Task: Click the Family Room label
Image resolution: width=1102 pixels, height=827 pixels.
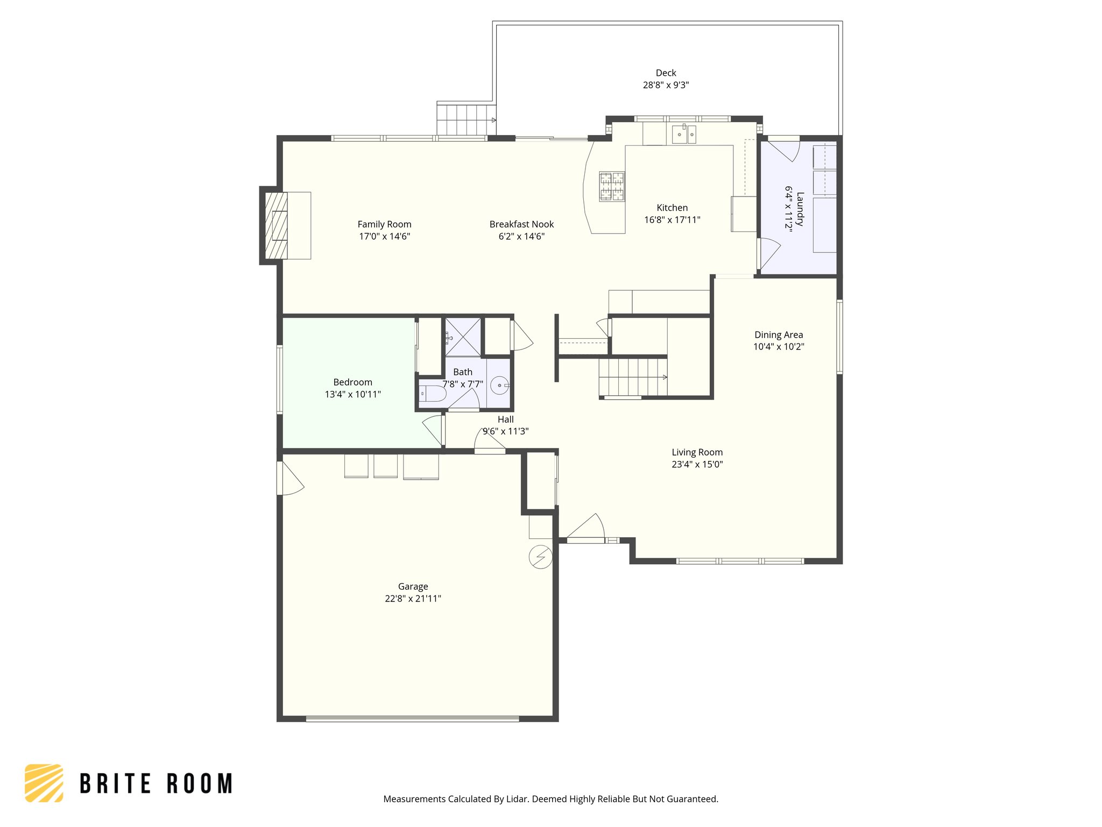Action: [x=384, y=224]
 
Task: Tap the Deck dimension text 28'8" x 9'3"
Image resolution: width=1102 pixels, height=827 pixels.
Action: [x=666, y=85]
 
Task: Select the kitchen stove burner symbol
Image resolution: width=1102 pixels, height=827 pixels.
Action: [x=612, y=186]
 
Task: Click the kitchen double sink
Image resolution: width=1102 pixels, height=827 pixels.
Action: [x=684, y=134]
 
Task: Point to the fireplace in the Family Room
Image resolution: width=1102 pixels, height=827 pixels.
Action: [x=276, y=225]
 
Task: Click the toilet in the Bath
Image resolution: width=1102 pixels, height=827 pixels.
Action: [x=433, y=394]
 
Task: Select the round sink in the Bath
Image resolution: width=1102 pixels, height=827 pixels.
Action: [x=499, y=386]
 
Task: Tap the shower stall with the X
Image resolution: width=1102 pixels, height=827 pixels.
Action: [x=463, y=337]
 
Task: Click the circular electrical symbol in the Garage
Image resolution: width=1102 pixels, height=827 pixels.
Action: [x=540, y=557]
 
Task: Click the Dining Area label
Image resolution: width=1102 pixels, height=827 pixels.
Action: [x=778, y=335]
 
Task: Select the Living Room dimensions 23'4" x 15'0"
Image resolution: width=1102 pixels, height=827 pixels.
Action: [x=697, y=464]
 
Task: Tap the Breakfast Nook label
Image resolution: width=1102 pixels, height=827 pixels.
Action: [x=521, y=224]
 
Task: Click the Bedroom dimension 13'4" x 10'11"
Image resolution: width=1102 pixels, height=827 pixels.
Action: [x=352, y=394]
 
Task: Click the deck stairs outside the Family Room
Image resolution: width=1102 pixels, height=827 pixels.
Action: [x=465, y=120]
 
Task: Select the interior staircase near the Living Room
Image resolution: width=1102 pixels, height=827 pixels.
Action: [x=633, y=377]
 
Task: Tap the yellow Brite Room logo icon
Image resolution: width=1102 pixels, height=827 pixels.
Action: [x=44, y=783]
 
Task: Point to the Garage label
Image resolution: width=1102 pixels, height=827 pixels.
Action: [x=413, y=586]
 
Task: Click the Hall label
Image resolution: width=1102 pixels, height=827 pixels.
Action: [x=505, y=419]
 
